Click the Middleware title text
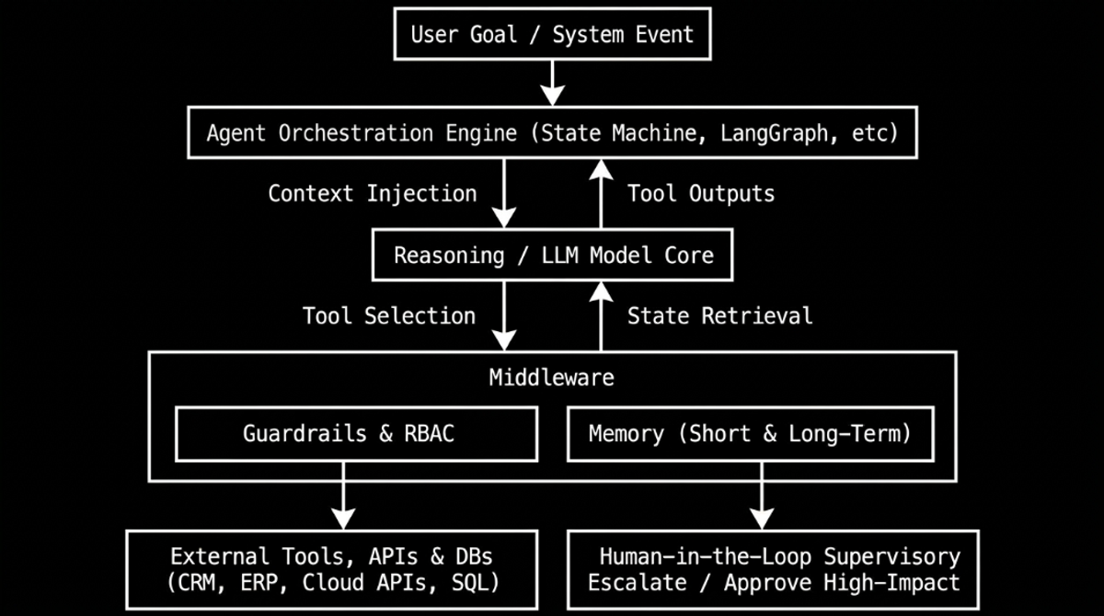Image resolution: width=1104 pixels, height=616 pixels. pos(551,378)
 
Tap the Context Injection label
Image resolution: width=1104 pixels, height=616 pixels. pos(373,193)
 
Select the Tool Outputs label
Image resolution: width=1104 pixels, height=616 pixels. pos(701,193)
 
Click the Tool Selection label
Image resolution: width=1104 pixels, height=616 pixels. pos(389,315)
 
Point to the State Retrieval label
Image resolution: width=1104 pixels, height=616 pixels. pos(719,315)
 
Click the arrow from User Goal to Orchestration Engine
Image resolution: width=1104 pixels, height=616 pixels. pos(553,84)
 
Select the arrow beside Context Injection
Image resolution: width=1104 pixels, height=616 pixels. pos(504,193)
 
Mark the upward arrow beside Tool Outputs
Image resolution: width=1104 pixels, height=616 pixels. pos(601,193)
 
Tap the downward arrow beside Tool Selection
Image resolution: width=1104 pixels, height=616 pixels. pos(504,316)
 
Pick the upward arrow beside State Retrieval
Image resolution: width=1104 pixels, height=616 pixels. pos(601,316)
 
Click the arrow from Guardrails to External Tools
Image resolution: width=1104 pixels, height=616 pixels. pos(343,496)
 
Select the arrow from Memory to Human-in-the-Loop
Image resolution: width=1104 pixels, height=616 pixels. pos(762,496)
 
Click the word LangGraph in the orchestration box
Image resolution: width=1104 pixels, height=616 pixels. pos(774,133)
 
